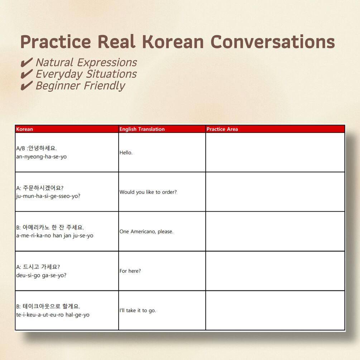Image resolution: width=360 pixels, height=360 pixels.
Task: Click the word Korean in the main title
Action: [173, 42]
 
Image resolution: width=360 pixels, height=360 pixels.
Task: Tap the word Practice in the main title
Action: [56, 42]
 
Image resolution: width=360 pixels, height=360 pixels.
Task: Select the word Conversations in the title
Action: [273, 42]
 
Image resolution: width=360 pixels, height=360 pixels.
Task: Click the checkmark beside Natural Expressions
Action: [27, 62]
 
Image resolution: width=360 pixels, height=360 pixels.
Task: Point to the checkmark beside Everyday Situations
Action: [27, 74]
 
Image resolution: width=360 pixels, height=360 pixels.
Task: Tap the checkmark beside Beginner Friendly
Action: [27, 85]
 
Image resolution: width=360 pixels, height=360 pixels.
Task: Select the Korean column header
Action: [24, 129]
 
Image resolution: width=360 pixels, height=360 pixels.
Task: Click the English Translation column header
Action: [142, 129]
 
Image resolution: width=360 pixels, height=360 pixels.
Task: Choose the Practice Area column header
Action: [222, 129]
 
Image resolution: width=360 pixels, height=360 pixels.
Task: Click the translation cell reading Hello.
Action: [162, 153]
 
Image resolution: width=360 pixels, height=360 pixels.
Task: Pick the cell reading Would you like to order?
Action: [162, 192]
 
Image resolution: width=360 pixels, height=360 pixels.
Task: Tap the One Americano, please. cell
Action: [162, 231]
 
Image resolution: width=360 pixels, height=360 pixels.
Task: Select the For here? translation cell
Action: [162, 271]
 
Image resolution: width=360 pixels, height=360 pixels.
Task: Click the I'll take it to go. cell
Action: [162, 311]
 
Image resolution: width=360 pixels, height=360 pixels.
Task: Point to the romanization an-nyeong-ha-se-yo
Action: [41, 157]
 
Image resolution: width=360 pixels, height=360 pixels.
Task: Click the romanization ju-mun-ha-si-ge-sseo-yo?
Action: [48, 196]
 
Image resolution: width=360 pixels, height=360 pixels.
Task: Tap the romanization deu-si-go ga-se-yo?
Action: [41, 275]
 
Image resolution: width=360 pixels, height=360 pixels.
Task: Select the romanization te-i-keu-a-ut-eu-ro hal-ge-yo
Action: [53, 315]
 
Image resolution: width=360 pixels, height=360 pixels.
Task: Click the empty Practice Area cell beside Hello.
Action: [275, 153]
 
